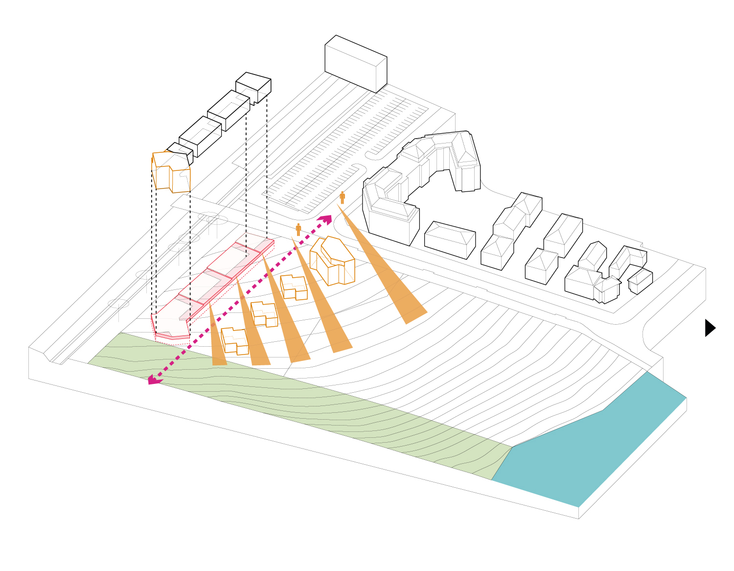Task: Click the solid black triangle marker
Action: coord(710,328)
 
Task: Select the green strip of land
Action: coord(294,402)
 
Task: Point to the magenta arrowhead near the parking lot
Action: coord(325,219)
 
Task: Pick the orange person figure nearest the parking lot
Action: coord(342,198)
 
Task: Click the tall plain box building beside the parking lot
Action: coord(356,64)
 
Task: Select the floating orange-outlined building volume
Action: coord(171,172)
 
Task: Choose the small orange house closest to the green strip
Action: coord(234,341)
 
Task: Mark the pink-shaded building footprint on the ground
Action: coord(210,289)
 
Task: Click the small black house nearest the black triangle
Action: coord(640,280)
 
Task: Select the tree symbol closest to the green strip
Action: coord(118,305)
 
